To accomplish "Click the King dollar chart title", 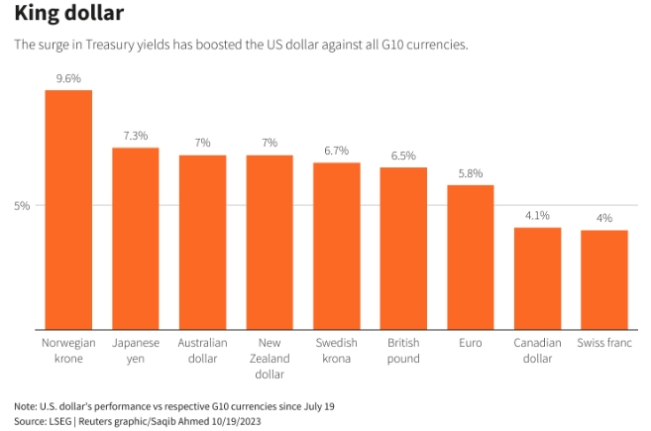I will click(69, 15).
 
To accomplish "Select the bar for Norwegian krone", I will click(68, 209).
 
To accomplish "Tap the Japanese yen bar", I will click(136, 238).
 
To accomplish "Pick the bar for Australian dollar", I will click(202, 242).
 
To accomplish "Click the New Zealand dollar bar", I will click(270, 242).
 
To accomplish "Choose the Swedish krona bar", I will click(337, 246).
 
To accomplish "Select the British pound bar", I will click(403, 248).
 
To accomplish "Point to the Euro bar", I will click(471, 257).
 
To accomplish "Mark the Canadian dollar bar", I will click(537, 278).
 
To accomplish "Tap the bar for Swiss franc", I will click(604, 279).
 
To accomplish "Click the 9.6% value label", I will click(68, 77).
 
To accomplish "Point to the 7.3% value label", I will click(136, 135).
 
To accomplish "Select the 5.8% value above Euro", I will click(471, 173).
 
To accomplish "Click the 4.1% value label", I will click(537, 215).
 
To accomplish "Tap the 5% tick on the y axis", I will click(23, 205).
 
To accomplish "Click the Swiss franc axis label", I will click(604, 343).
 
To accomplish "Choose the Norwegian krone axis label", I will click(68, 351).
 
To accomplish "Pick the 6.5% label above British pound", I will click(403, 156).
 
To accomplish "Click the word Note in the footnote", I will click(25, 406).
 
